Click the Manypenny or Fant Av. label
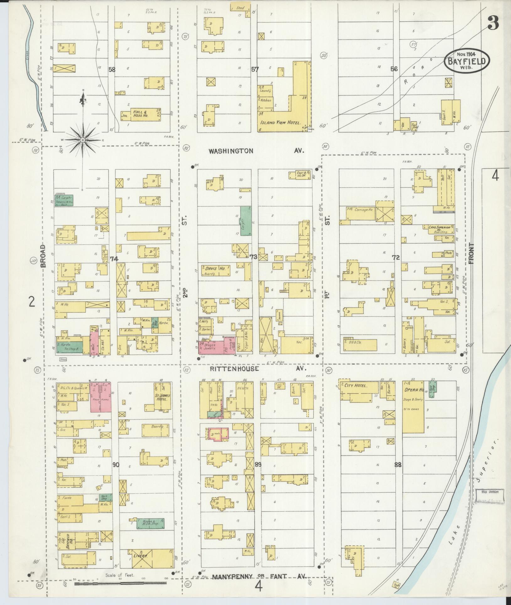pos(259,577)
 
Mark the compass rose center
pos(83,140)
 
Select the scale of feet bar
pos(121,584)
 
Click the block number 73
pos(253,257)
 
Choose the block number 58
pos(112,70)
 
